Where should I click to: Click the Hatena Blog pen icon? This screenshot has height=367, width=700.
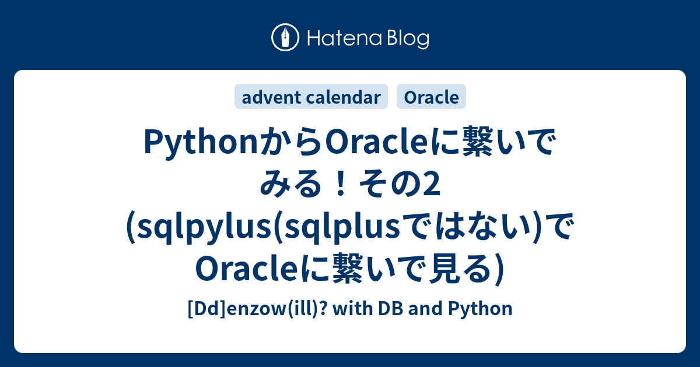[285, 38]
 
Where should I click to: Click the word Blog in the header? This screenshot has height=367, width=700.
[407, 39]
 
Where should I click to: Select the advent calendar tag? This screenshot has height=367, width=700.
[311, 97]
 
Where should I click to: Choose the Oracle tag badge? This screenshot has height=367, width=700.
[431, 97]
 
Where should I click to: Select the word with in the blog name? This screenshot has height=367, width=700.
[354, 308]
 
